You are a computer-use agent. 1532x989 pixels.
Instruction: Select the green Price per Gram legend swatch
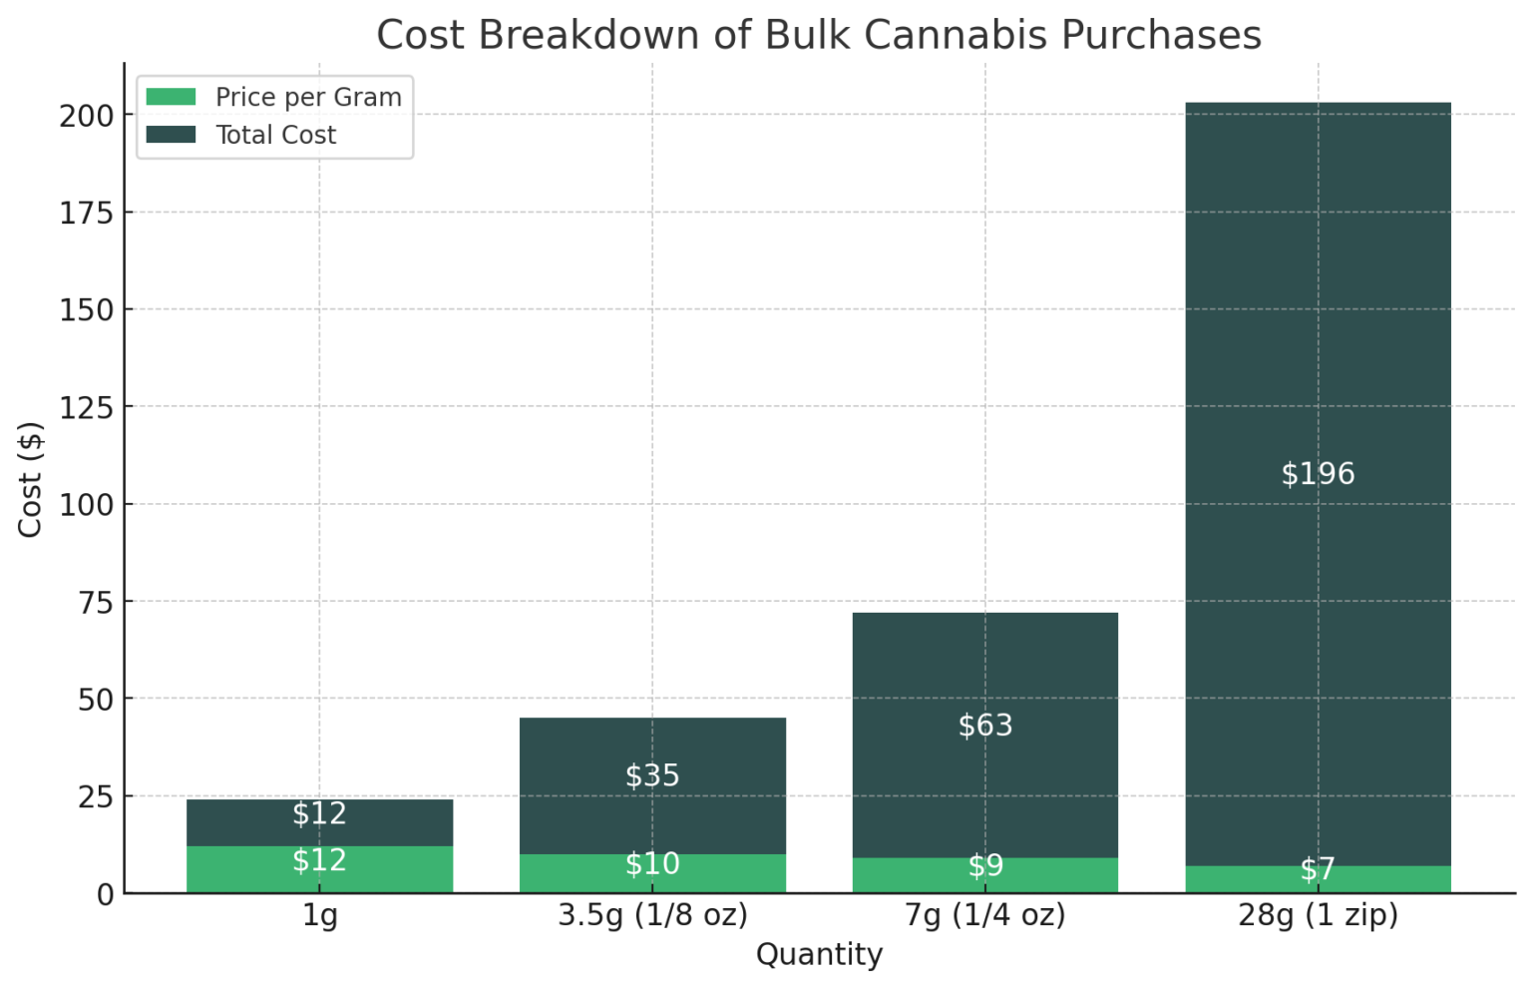(171, 97)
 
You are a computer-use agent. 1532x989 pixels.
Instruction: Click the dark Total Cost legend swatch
(171, 135)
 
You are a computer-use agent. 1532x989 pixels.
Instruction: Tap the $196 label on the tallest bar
(1318, 473)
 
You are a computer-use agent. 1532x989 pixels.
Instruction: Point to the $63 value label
(985, 725)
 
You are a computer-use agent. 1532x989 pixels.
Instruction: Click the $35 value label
(652, 775)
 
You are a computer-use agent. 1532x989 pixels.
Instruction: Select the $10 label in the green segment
(652, 863)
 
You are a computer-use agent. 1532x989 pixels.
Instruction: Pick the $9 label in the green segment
(985, 865)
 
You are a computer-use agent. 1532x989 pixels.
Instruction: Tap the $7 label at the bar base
(1318, 869)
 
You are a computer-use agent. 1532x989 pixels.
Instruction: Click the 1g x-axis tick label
(320, 915)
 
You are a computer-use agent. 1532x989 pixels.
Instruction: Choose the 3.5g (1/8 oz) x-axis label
(652, 915)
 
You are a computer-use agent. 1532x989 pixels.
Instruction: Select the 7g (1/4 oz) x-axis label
(985, 915)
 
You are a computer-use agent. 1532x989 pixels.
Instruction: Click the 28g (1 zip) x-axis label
(1318, 915)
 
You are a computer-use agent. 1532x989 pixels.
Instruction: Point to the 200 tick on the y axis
(87, 116)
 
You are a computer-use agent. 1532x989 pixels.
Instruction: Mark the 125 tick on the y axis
(87, 407)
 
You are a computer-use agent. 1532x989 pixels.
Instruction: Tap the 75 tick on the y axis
(96, 602)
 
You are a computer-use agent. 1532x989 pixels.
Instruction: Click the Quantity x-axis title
(819, 955)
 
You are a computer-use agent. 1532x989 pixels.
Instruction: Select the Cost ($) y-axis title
(30, 479)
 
